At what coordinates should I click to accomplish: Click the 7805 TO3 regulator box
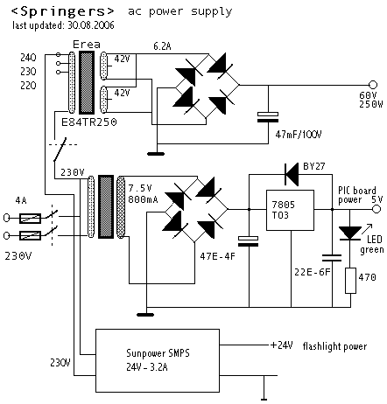tap(290, 210)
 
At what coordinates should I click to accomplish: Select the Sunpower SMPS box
tap(158, 360)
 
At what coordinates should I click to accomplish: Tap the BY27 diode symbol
tap(292, 174)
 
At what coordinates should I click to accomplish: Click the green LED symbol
tap(350, 233)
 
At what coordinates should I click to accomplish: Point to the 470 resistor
tap(350, 281)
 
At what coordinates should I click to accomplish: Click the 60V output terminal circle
tap(373, 85)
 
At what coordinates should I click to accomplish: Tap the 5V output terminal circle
tap(376, 209)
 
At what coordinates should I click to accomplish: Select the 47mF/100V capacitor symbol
tap(268, 117)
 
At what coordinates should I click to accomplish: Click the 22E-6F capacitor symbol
tap(332, 258)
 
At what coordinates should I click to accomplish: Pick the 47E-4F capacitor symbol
tap(249, 241)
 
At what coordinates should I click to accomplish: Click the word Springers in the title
tap(63, 11)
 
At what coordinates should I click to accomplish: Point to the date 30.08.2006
tap(91, 25)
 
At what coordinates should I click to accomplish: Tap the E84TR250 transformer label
tap(89, 122)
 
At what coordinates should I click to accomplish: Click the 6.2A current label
tap(162, 46)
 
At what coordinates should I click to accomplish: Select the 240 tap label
tap(28, 58)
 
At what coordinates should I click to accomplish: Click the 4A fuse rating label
tap(21, 200)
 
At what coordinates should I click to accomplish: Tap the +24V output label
tap(282, 345)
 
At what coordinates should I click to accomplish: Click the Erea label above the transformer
tap(87, 45)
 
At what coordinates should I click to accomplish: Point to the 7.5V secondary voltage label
tap(140, 188)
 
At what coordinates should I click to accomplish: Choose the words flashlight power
tap(334, 346)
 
